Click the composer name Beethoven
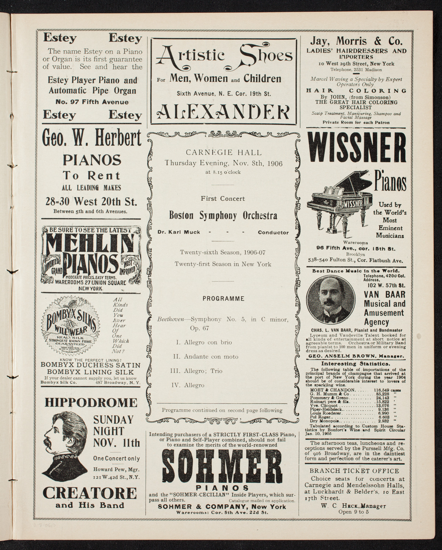[x=171, y=320]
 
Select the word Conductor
[x=273, y=233]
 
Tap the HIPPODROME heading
[x=91, y=403]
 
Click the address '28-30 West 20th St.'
[x=91, y=201]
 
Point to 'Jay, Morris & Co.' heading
[x=356, y=41]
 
